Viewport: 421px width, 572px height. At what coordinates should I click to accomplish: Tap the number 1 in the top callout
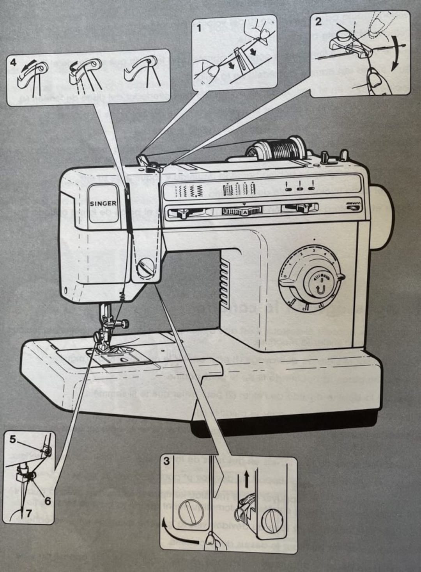pyautogui.click(x=199, y=28)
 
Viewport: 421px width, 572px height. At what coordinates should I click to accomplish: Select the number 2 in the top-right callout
pyautogui.click(x=318, y=22)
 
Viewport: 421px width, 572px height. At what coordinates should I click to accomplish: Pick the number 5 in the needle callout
pyautogui.click(x=13, y=440)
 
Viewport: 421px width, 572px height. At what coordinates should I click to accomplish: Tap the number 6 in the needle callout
pyautogui.click(x=47, y=490)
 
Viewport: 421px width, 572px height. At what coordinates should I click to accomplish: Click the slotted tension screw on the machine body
pyautogui.click(x=147, y=268)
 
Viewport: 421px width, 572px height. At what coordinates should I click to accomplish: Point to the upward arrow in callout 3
pyautogui.click(x=246, y=478)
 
